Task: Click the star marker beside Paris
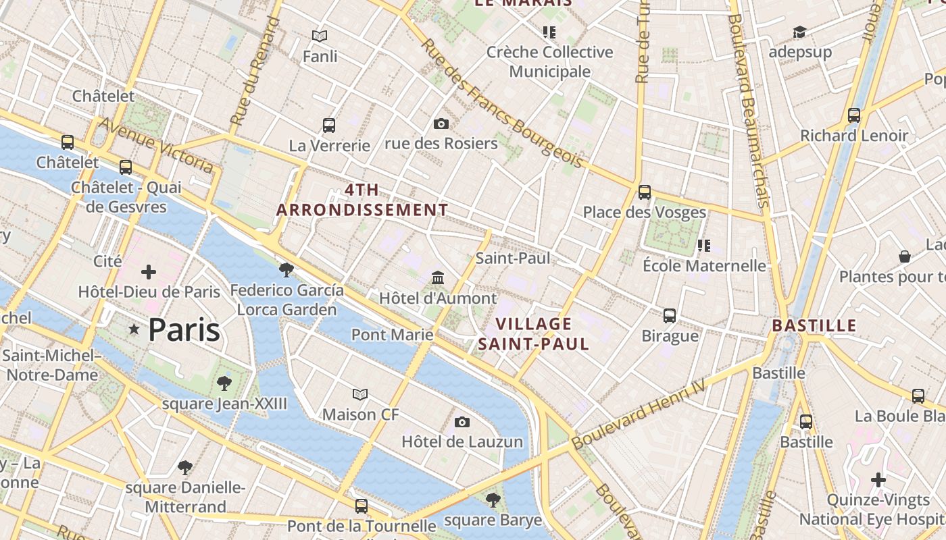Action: tap(134, 329)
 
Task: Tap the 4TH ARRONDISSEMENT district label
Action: tap(362, 200)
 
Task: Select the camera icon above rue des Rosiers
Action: tap(441, 124)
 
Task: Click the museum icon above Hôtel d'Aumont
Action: tap(438, 277)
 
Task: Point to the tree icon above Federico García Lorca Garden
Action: tap(287, 270)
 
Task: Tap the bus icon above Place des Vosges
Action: tap(645, 192)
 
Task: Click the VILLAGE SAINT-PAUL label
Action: tap(534, 334)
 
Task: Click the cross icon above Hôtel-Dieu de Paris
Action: tap(149, 272)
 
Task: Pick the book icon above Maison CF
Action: tap(361, 394)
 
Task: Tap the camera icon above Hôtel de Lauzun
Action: tap(462, 422)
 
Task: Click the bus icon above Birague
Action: tap(670, 315)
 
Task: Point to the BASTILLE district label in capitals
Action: tap(814, 326)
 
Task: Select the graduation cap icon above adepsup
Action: tap(800, 32)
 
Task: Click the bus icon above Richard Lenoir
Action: tap(854, 115)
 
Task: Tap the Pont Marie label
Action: tap(392, 334)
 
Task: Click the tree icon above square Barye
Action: tap(493, 500)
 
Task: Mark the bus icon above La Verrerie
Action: tap(329, 125)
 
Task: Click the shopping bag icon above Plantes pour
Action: tap(905, 256)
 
